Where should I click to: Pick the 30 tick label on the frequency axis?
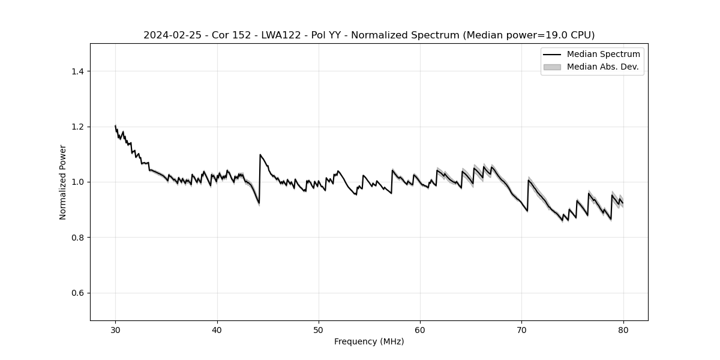click(116, 329)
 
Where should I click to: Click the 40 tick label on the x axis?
click(217, 329)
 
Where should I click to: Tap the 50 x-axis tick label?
click(319, 329)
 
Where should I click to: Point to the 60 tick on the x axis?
click(420, 329)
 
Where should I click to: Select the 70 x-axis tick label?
click(521, 329)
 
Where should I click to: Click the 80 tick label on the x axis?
click(623, 329)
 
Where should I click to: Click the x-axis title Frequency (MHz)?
click(369, 341)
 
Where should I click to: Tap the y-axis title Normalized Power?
click(63, 182)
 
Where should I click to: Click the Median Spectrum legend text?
click(603, 55)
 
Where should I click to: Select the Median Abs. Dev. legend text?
click(602, 67)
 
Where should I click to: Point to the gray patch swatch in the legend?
click(552, 67)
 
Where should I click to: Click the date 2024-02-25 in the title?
click(172, 35)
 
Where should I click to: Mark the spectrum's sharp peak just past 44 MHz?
click(260, 155)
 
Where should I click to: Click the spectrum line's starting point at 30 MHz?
click(115, 126)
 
